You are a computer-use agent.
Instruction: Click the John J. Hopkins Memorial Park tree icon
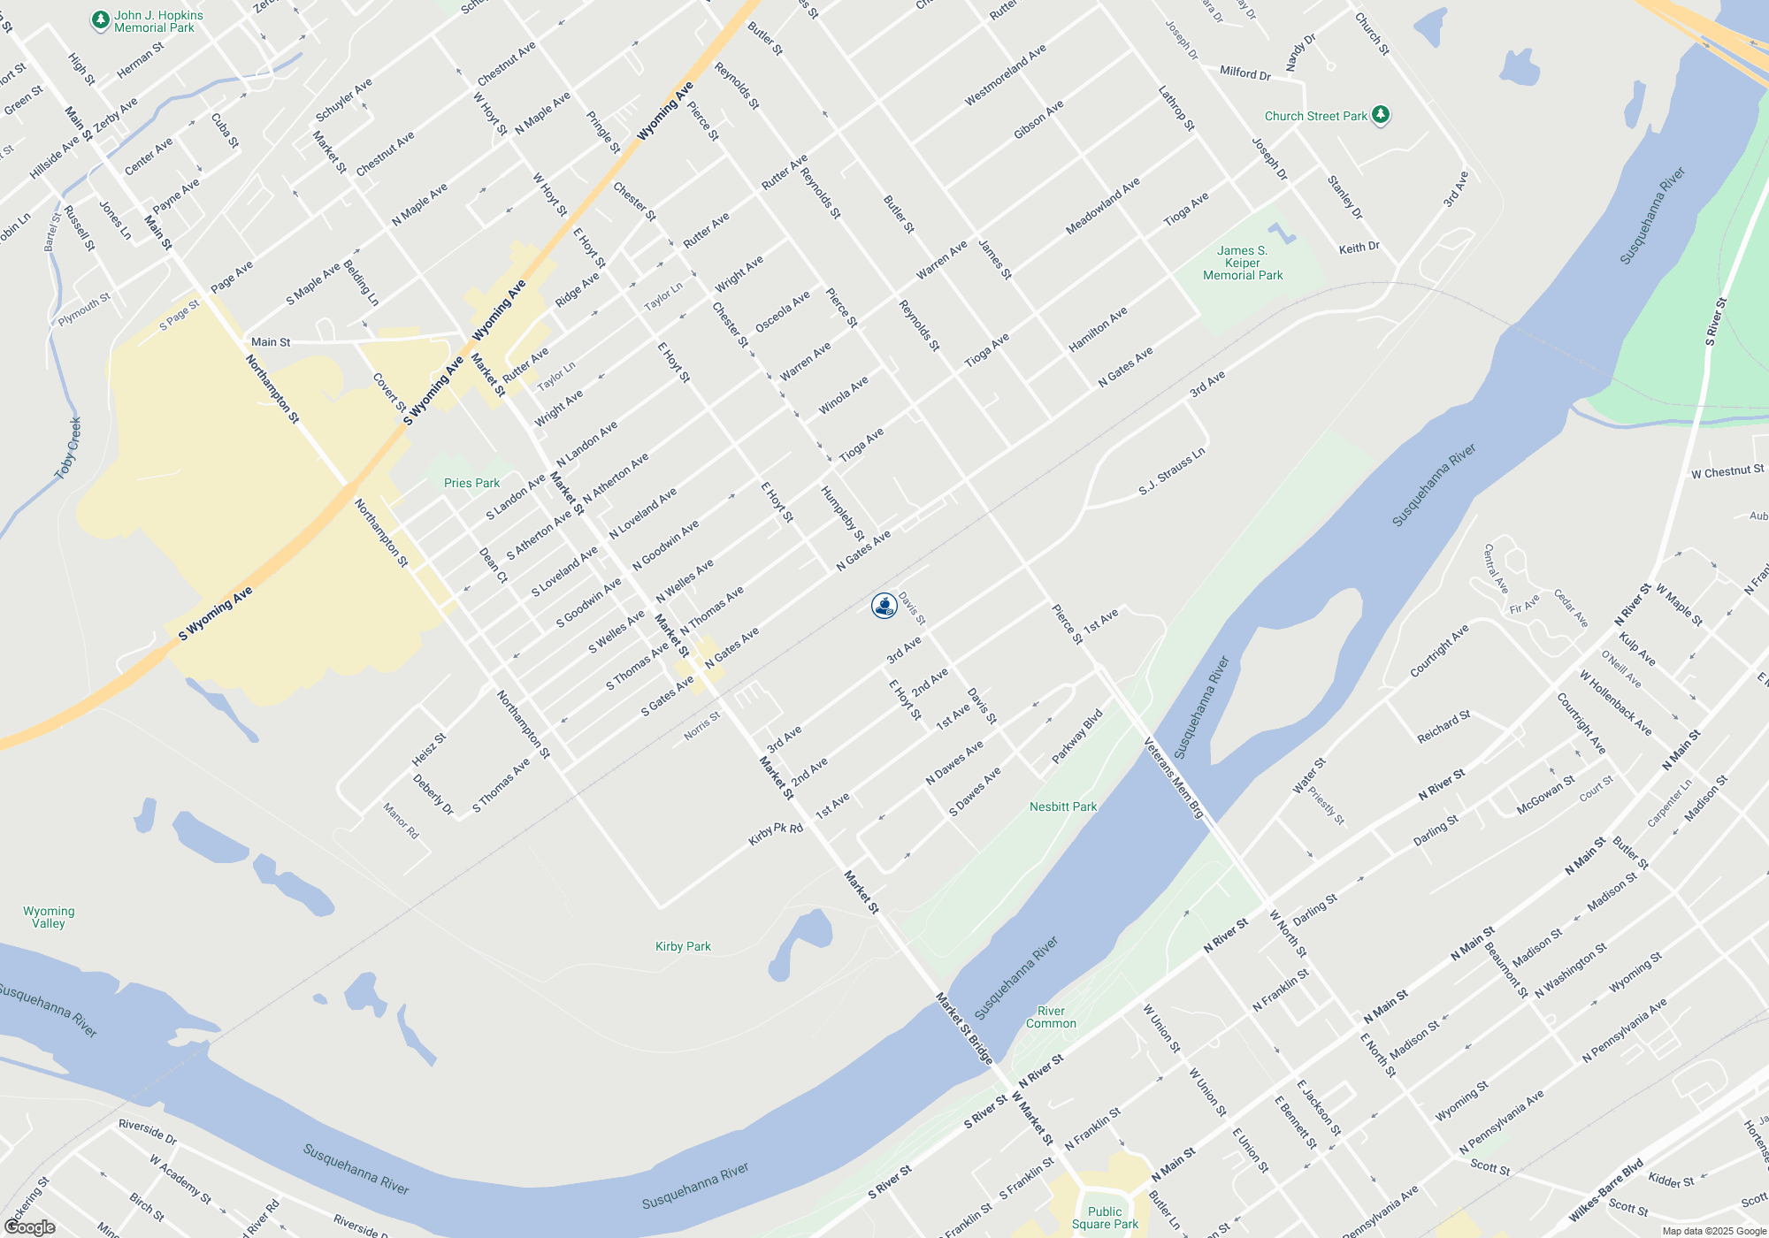point(101,19)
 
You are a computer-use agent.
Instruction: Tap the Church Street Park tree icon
point(1380,115)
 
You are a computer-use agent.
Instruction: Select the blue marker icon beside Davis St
point(884,606)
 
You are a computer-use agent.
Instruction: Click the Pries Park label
point(471,483)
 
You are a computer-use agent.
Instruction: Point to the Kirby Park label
point(683,946)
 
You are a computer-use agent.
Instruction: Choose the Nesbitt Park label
point(1062,806)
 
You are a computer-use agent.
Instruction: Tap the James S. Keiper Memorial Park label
point(1242,263)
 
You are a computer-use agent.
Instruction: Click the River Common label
point(1051,1017)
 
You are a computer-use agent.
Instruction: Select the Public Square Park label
point(1105,1218)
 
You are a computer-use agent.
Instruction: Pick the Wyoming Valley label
point(49,917)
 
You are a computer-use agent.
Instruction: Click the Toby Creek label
point(68,448)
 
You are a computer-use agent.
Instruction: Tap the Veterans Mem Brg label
point(1174,778)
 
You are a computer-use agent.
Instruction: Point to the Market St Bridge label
point(964,1028)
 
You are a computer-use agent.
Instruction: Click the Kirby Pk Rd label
point(776,833)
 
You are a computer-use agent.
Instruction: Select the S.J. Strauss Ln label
point(1171,471)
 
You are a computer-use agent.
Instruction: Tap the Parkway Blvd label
point(1077,736)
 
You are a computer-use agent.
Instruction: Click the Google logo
point(30,1227)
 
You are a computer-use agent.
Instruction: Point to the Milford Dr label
point(1244,73)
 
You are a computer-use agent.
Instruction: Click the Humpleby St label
point(841,513)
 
